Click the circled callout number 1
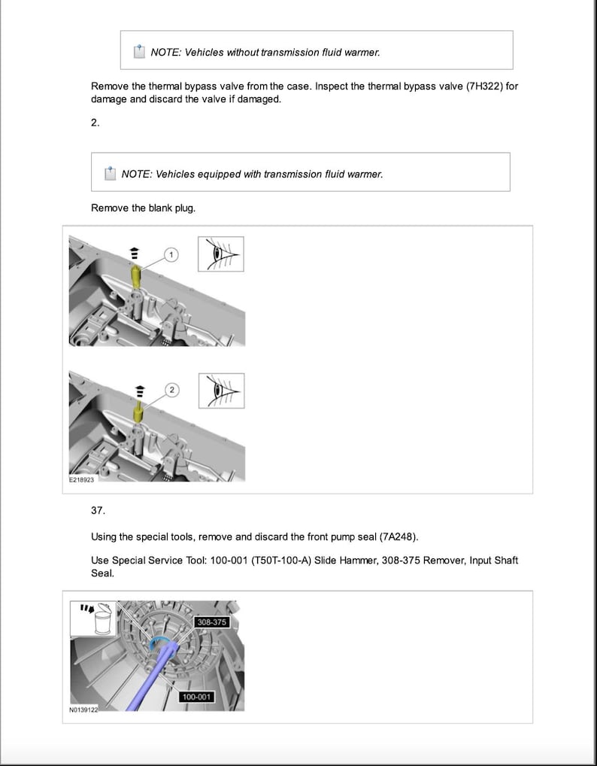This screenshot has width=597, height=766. tap(171, 255)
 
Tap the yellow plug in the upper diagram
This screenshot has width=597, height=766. tap(136, 276)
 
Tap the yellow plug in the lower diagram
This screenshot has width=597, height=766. tap(138, 412)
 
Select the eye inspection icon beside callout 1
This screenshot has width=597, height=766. tap(221, 254)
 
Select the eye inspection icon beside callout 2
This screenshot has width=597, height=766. tap(221, 391)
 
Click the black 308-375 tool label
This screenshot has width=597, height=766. tap(211, 622)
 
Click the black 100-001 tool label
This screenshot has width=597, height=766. tap(196, 697)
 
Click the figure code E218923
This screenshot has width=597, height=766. tap(82, 479)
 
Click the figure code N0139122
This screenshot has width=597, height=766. tap(83, 710)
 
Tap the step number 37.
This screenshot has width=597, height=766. tap(98, 510)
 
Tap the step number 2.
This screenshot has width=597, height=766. tap(95, 123)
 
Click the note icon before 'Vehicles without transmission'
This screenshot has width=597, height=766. tap(139, 52)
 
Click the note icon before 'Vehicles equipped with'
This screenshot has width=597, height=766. tap(110, 173)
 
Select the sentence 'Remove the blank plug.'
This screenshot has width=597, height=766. tap(143, 208)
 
